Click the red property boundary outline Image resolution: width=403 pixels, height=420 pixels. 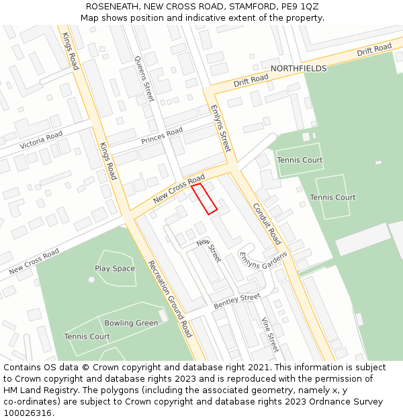point(204,199)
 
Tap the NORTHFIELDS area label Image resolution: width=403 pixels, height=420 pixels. point(298,69)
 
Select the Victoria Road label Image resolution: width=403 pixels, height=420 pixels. point(41,140)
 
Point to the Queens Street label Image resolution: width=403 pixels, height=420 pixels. point(144,79)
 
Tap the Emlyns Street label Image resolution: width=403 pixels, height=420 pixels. point(220,128)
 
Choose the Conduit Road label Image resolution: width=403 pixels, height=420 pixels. point(267,223)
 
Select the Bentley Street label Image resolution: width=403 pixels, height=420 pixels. point(236,301)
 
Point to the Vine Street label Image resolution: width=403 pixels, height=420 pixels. point(269,335)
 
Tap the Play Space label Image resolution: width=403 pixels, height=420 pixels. point(115,269)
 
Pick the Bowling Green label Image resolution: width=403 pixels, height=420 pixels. point(131,323)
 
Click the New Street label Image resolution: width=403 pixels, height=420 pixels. point(209,251)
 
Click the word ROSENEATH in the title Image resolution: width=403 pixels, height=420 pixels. point(111,7)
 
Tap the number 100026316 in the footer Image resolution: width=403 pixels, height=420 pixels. point(28,413)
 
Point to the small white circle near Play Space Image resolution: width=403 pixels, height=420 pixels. point(91,279)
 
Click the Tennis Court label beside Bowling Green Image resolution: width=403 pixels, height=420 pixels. point(87,337)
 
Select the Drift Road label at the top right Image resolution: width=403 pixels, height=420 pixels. point(374,50)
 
